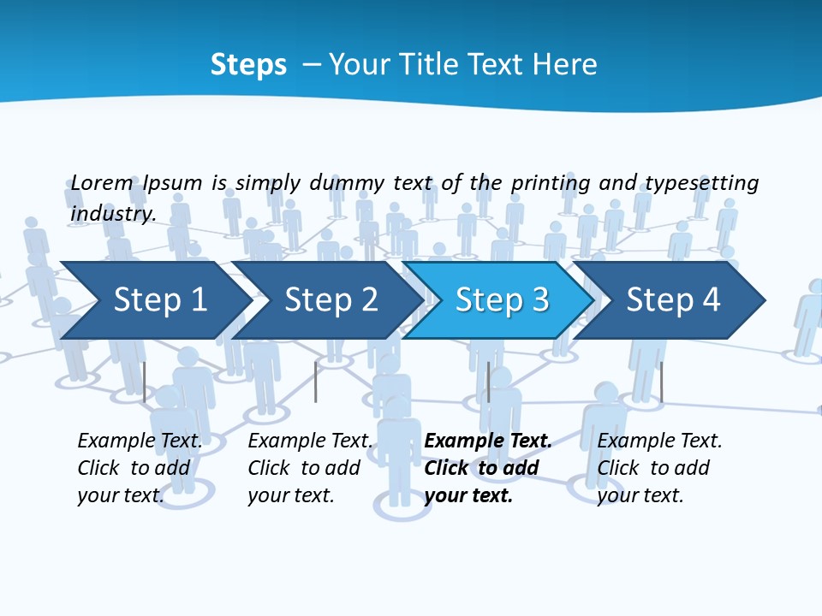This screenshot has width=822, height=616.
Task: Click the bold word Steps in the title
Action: [x=248, y=65]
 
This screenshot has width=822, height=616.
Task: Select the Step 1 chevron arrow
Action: [x=154, y=300]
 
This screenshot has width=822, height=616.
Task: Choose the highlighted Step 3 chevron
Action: [x=497, y=300]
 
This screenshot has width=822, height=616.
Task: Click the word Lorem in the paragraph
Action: [x=102, y=182]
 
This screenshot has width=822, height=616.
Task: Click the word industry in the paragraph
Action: [x=113, y=213]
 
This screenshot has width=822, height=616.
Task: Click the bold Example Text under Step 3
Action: [x=488, y=441]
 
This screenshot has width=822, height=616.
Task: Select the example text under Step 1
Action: [x=140, y=467]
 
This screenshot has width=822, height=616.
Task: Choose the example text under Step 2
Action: [x=310, y=467]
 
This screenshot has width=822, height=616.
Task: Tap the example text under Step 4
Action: [x=659, y=467]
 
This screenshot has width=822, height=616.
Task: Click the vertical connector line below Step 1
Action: [x=145, y=382]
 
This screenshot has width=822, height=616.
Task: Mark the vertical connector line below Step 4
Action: [x=661, y=382]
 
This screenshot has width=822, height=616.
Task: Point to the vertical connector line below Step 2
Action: [x=316, y=382]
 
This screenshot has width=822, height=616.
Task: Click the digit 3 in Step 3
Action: [x=539, y=300]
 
